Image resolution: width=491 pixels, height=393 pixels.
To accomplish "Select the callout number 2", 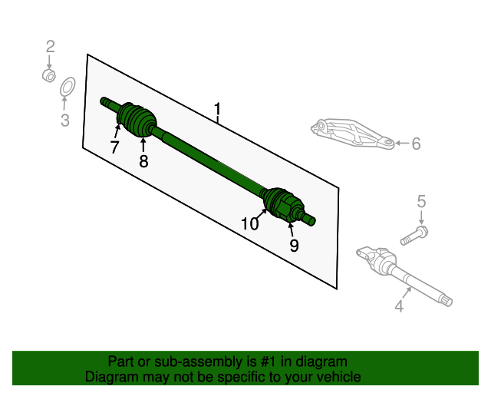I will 50,47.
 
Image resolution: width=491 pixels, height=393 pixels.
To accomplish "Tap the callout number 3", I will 65,120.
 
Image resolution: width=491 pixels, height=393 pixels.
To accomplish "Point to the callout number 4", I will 399,307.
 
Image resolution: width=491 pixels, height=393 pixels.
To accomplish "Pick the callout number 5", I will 421,202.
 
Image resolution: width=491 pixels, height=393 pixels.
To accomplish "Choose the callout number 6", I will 416,144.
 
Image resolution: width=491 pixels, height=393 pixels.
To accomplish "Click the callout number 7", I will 114,147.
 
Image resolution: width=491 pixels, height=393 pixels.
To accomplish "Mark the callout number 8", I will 143,161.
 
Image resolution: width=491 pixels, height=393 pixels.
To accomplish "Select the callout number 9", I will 294,246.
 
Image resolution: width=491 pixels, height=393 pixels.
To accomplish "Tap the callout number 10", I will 250,224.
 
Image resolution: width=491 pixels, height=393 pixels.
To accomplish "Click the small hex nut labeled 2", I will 48,75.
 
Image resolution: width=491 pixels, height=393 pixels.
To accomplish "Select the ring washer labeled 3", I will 67,88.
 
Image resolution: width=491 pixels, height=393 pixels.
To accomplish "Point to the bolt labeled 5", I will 415,234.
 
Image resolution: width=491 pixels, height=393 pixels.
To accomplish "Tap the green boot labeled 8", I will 140,123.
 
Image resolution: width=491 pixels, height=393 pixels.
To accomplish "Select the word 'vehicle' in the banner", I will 336,377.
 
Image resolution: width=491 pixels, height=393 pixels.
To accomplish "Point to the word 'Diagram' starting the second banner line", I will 109,377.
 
